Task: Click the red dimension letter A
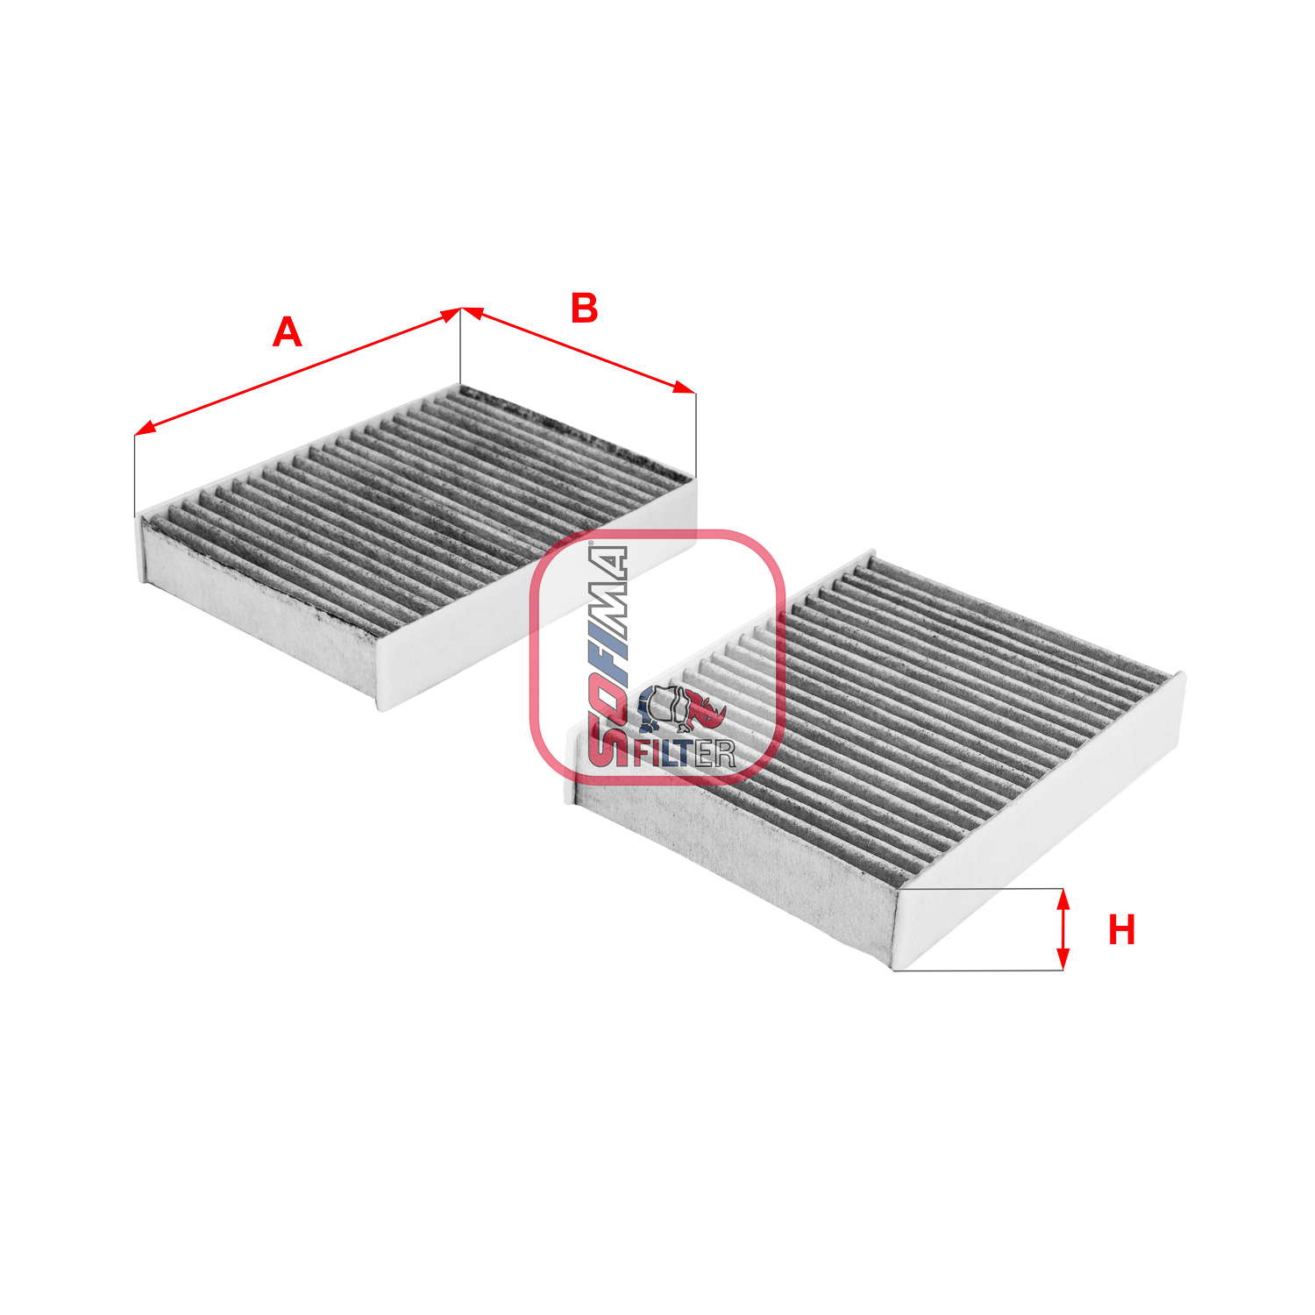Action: pos(288,333)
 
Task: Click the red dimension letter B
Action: pos(584,309)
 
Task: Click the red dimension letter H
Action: pos(1121,930)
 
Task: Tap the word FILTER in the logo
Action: pos(683,752)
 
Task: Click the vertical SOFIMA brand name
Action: pos(607,655)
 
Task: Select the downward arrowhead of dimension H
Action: pos(1063,959)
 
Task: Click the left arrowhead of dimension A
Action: pos(145,429)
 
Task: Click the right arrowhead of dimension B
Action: pos(685,387)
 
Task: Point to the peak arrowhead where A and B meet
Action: pos(461,310)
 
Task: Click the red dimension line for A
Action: pos(298,371)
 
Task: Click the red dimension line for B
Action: pos(579,350)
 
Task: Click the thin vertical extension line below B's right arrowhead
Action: pos(695,436)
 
